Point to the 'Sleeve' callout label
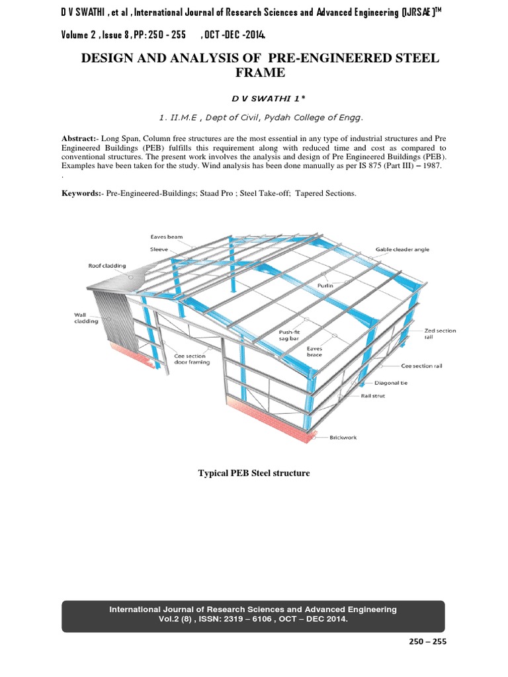tap(158, 250)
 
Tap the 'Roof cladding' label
tap(107, 266)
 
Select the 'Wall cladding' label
tap(85, 318)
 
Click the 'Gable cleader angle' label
tap(403, 249)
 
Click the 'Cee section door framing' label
tap(192, 358)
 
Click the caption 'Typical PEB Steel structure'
tap(254, 474)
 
